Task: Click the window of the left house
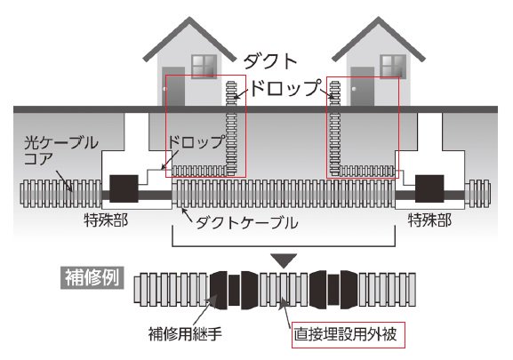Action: point(204,67)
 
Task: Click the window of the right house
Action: point(393,67)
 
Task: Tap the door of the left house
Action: point(173,86)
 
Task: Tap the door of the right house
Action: point(362,86)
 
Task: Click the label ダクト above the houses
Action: point(270,61)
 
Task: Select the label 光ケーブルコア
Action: point(60,151)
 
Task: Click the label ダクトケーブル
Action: point(246,223)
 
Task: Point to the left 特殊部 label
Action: point(106,220)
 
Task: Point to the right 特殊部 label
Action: point(430,220)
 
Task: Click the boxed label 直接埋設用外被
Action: point(349,334)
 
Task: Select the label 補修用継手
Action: point(185,334)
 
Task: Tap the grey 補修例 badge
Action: point(92,278)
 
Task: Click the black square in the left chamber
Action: point(124,188)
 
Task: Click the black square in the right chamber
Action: point(429,188)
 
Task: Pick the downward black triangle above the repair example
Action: point(284,260)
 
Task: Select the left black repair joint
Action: point(234,290)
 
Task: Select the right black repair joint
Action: point(333,290)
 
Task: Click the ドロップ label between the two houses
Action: point(285,88)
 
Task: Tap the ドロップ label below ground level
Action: point(196,142)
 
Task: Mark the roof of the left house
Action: point(189,38)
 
